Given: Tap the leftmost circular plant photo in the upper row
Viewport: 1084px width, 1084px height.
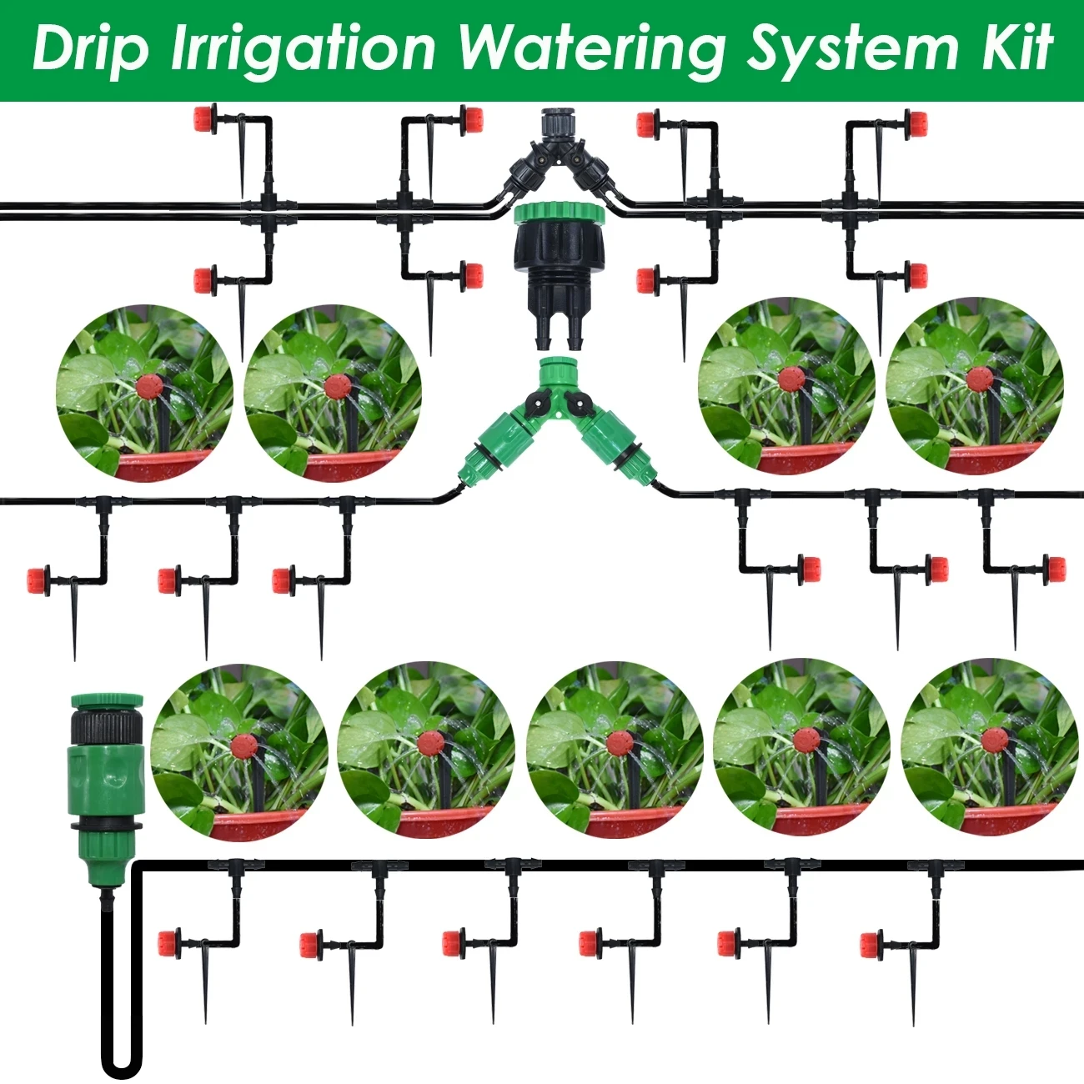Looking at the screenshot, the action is point(145,393).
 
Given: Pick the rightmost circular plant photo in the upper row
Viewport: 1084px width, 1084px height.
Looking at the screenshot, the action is point(974,386).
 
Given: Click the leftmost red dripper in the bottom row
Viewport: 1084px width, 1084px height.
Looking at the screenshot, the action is point(170,943).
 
